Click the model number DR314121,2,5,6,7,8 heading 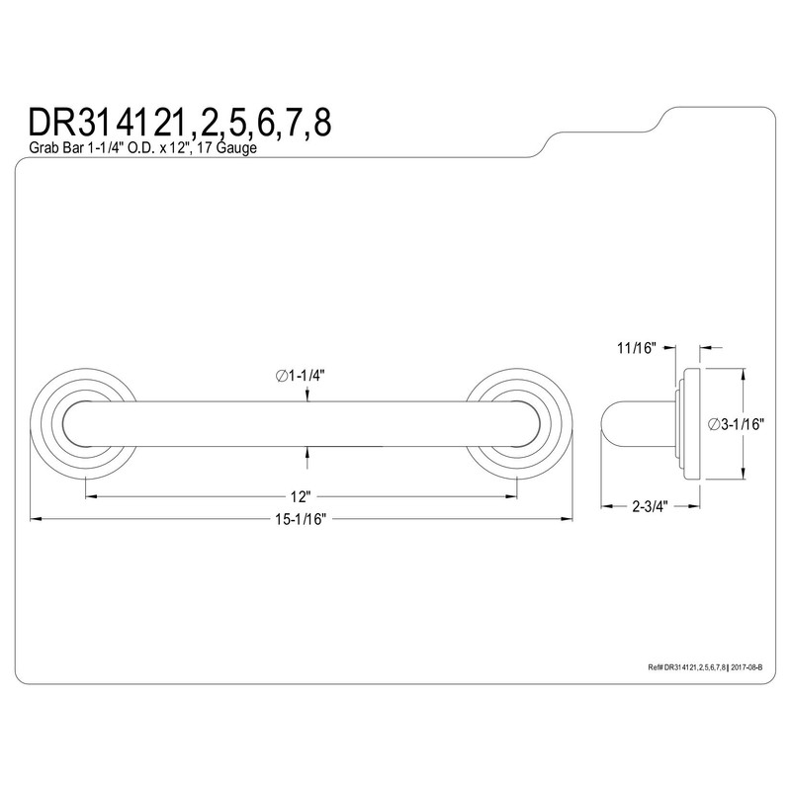[180, 123]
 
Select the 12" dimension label [300, 497]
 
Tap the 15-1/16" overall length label [302, 519]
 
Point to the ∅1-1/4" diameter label [300, 376]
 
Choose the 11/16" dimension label [636, 348]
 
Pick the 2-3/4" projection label [651, 506]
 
